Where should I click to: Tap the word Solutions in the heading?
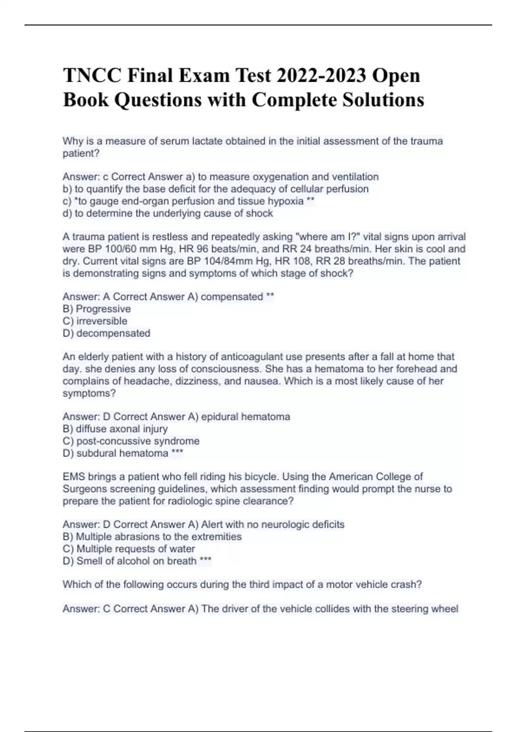click(383, 100)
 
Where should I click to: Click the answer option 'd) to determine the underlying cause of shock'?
click(168, 214)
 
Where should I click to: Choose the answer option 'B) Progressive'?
click(97, 309)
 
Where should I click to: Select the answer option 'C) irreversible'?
click(95, 321)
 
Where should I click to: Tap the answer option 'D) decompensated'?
click(106, 333)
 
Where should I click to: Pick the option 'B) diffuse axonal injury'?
click(115, 429)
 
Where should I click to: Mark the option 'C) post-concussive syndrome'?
click(131, 441)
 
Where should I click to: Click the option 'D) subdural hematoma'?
click(115, 453)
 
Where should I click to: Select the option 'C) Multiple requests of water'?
click(129, 549)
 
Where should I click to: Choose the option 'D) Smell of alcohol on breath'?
click(129, 561)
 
